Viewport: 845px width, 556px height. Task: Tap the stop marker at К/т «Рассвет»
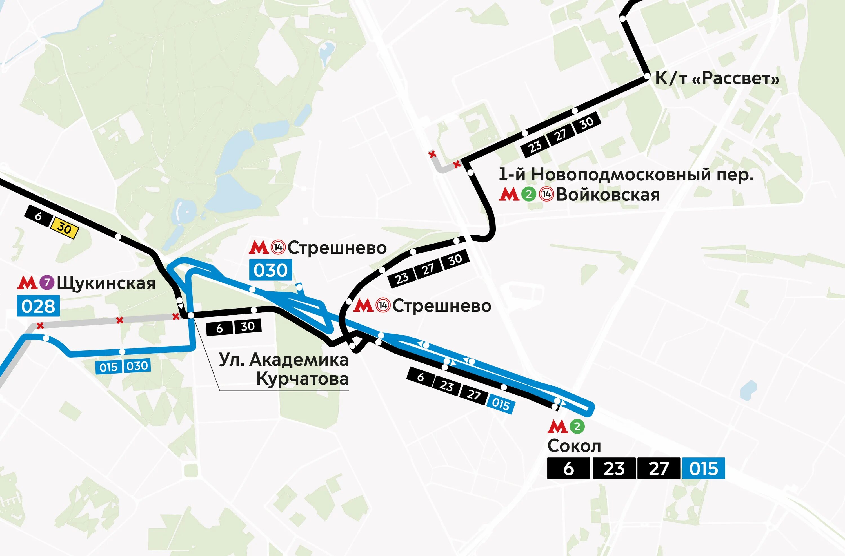[647, 77]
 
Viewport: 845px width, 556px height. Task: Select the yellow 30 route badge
[64, 229]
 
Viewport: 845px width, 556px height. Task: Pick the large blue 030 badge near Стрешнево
[271, 270]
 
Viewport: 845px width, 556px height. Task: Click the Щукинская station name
[106, 283]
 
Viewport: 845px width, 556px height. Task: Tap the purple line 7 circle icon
[46, 283]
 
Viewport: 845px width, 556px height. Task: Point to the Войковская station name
[608, 195]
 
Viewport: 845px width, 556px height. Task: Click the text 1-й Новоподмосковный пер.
[626, 175]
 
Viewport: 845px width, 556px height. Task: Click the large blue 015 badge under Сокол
[703, 469]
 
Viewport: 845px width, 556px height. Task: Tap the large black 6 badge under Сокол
[568, 469]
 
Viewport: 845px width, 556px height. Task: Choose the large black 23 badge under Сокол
[614, 469]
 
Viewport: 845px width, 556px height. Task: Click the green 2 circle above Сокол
[577, 426]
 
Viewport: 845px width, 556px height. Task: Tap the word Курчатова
[302, 379]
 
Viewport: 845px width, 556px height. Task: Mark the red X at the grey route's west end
[40, 325]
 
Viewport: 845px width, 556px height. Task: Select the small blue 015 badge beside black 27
[501, 404]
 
